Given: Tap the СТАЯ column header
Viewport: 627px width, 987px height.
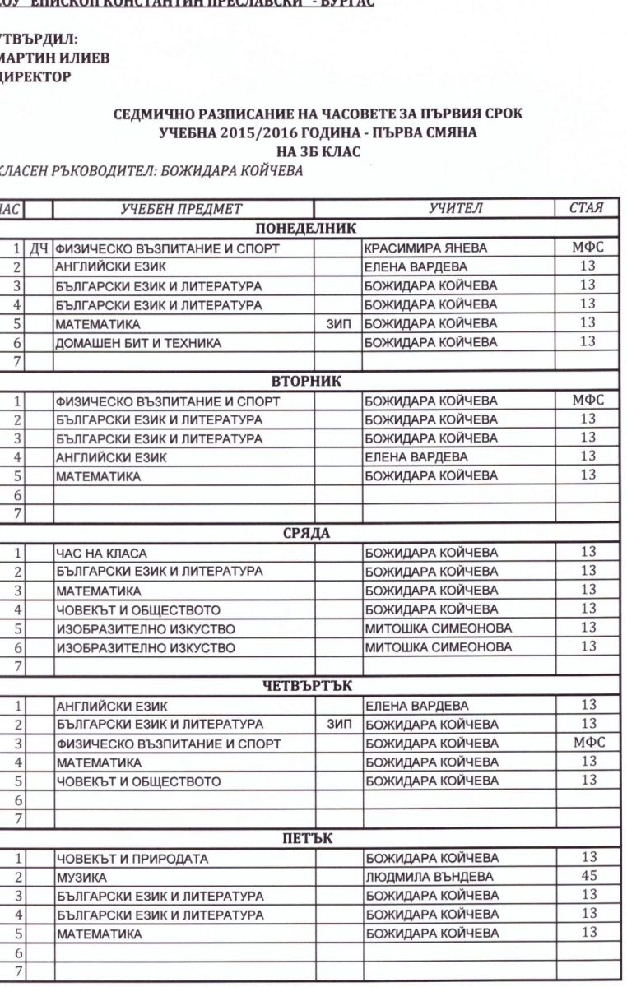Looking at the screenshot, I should click(588, 209).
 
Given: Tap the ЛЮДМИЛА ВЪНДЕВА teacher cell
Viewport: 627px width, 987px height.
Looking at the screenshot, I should click(429, 877).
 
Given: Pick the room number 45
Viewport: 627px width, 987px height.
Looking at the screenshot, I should click(588, 876).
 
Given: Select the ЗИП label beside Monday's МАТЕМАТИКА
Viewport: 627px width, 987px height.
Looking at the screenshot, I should click(339, 324).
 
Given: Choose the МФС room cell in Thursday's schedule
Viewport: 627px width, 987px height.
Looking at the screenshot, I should click(588, 743).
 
